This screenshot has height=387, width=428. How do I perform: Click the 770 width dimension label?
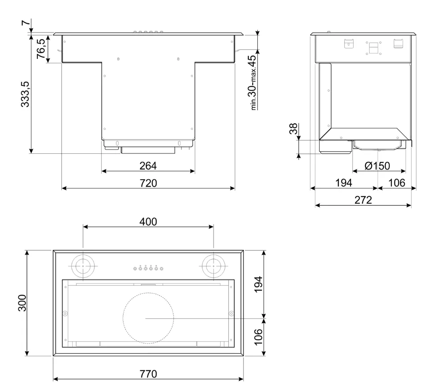148,374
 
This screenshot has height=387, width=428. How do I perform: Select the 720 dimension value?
148,183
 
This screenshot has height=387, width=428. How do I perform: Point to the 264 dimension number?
148,166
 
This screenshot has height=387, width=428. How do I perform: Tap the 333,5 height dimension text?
25,94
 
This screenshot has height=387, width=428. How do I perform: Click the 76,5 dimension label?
41,49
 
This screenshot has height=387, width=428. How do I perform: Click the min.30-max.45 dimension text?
253,82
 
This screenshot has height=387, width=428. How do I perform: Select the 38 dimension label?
293,128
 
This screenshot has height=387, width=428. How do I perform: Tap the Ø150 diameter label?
377,166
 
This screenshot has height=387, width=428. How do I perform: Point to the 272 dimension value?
363,200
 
